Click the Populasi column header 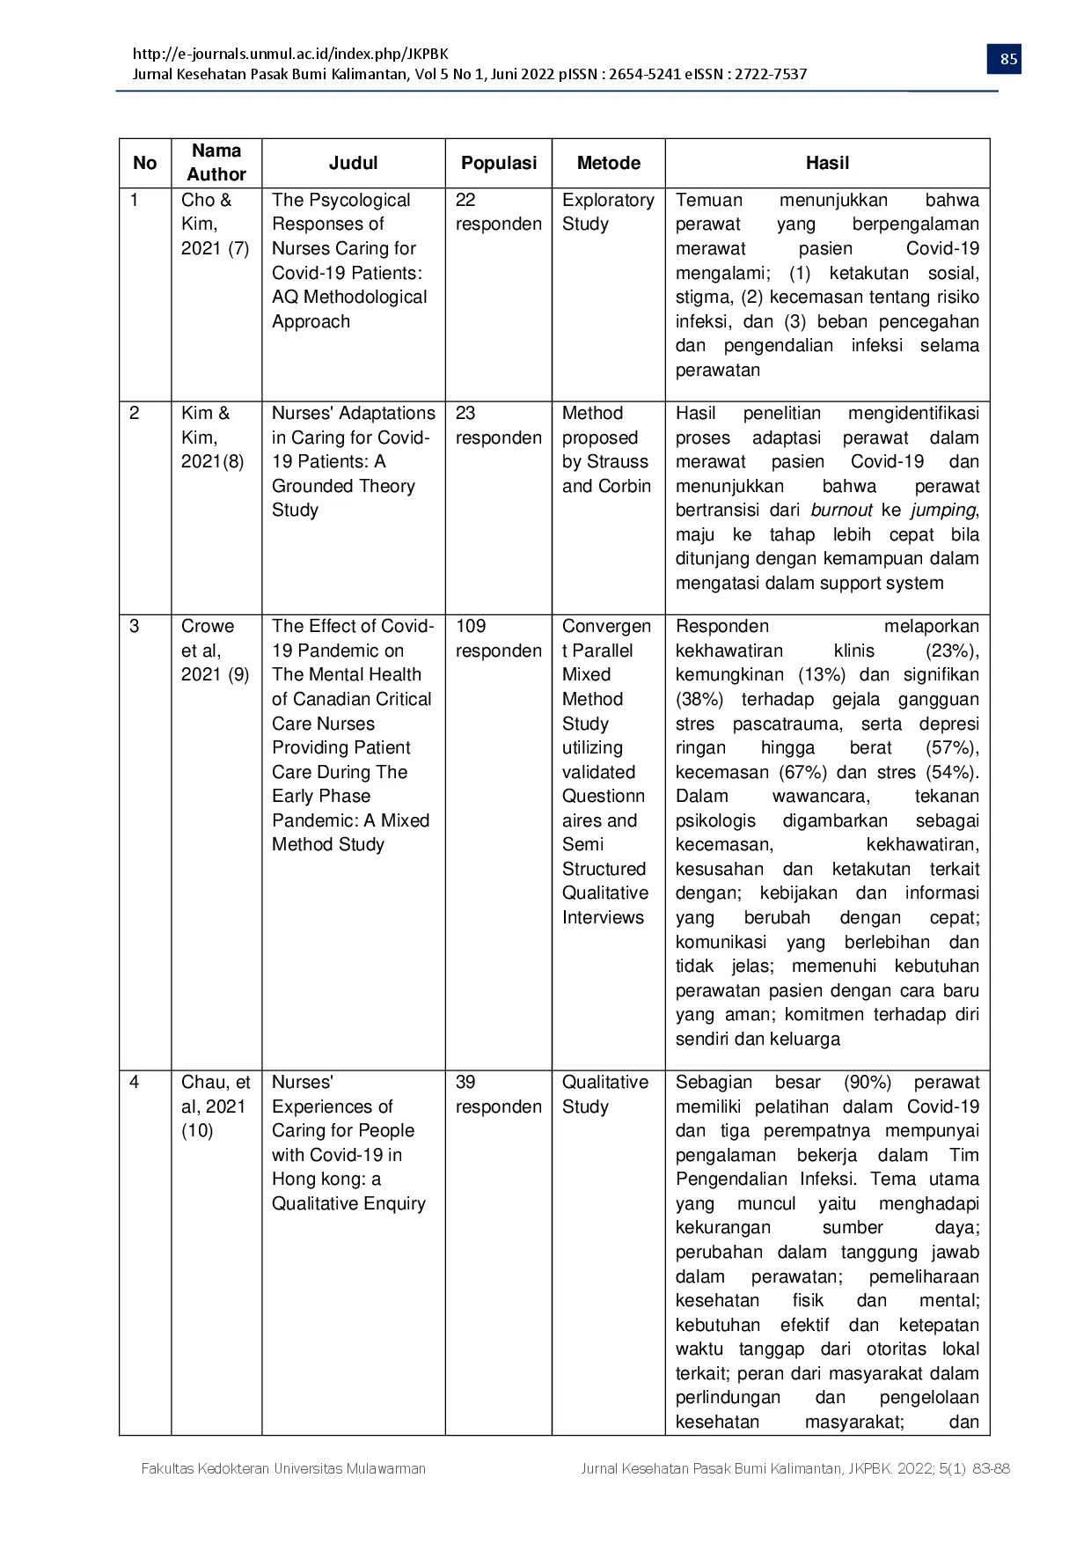pyautogui.click(x=498, y=163)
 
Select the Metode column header pyautogui.click(x=608, y=163)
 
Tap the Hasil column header pyautogui.click(x=827, y=163)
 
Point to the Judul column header pyautogui.click(x=353, y=163)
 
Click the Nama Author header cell pyautogui.click(x=216, y=163)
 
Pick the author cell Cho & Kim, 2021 pyautogui.click(x=215, y=224)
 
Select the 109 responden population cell pyautogui.click(x=498, y=638)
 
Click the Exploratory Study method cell pyautogui.click(x=607, y=212)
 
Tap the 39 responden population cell pyautogui.click(x=498, y=1094)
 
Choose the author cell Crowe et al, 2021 pyautogui.click(x=215, y=651)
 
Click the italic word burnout pyautogui.click(x=841, y=511)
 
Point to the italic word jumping pyautogui.click(x=942, y=511)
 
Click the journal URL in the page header pyautogui.click(x=290, y=54)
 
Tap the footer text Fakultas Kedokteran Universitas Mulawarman pyautogui.click(x=283, y=1468)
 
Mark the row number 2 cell pyautogui.click(x=135, y=413)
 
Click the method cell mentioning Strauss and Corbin pyautogui.click(x=606, y=449)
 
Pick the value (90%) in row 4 pyautogui.click(x=867, y=1082)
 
